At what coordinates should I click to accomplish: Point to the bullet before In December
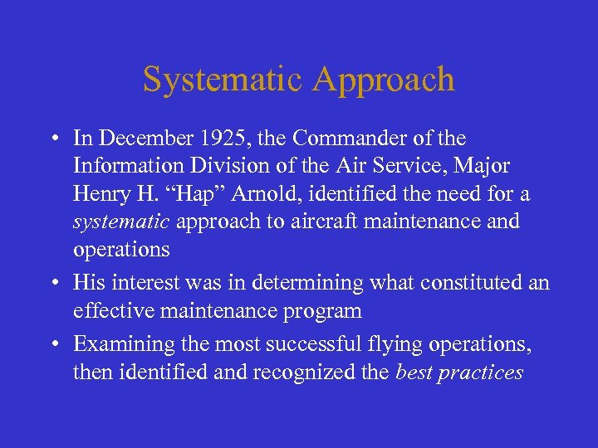coord(53,139)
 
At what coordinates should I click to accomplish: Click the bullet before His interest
coord(53,284)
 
